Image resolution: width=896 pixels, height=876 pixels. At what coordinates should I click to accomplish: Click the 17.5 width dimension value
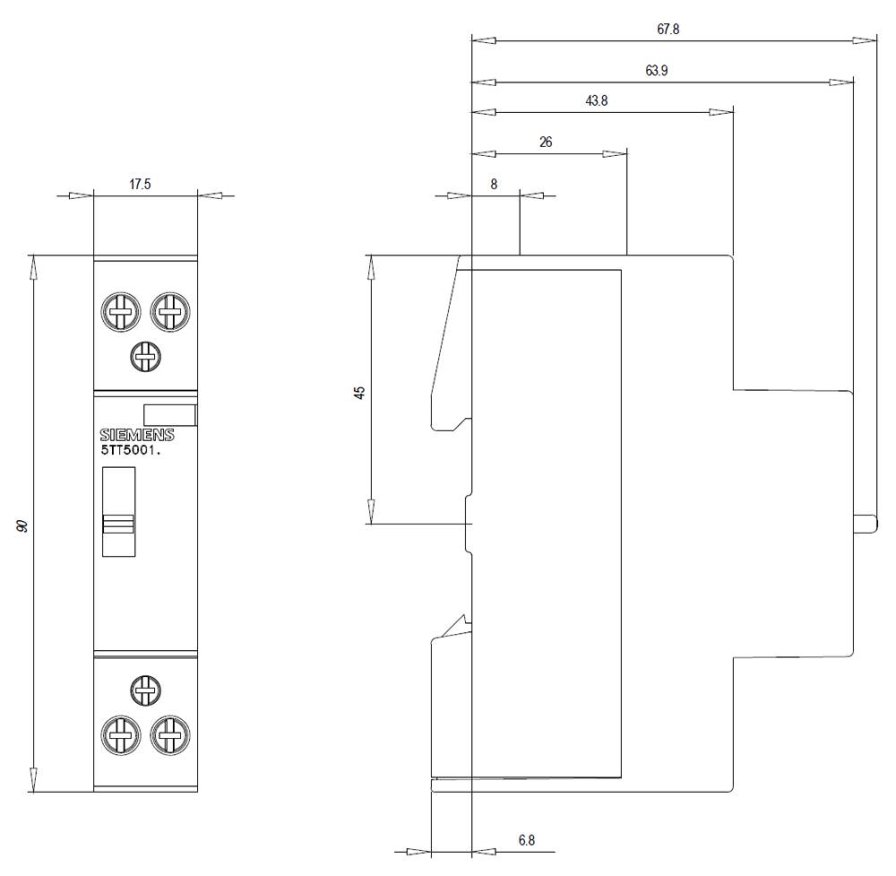[x=140, y=185]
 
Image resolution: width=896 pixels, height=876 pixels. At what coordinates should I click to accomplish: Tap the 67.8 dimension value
[x=668, y=29]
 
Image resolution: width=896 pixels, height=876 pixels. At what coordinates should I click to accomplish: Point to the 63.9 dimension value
[x=656, y=71]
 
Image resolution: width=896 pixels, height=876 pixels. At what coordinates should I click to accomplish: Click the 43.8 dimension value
[x=597, y=101]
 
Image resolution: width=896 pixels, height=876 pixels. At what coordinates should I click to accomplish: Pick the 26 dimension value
[x=546, y=142]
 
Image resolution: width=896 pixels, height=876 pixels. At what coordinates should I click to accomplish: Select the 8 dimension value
[x=494, y=184]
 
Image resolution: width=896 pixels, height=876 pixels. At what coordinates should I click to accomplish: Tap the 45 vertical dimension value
[x=360, y=393]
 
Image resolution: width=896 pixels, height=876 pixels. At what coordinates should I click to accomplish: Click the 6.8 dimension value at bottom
[x=527, y=840]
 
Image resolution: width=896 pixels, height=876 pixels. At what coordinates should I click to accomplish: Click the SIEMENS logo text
[x=137, y=435]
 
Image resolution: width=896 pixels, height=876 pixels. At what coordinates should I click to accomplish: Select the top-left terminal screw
[x=120, y=313]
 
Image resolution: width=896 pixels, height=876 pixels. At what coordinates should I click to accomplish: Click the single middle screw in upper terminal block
[x=145, y=357]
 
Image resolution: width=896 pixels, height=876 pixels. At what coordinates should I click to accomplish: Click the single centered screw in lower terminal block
[x=145, y=690]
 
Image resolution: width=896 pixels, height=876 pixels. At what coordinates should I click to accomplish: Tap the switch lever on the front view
[x=118, y=524]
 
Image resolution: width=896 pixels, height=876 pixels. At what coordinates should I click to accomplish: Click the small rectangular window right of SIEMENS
[x=169, y=414]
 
